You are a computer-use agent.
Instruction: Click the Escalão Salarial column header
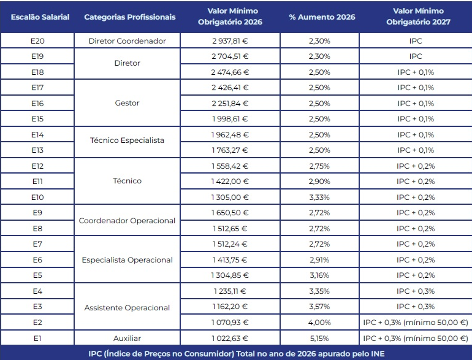click(x=40, y=17)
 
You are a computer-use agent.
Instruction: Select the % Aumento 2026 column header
click(x=319, y=17)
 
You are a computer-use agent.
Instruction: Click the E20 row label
click(x=37, y=41)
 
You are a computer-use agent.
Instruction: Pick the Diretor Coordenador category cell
click(x=128, y=41)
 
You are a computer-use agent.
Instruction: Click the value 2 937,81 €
click(x=230, y=41)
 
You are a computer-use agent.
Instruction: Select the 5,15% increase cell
click(x=319, y=338)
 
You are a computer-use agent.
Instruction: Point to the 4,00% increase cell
click(x=319, y=323)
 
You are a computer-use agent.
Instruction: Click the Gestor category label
click(x=128, y=103)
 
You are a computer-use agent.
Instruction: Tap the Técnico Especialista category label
click(x=128, y=140)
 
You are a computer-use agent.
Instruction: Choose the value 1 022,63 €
click(x=230, y=338)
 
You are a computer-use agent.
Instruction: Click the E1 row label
click(x=37, y=338)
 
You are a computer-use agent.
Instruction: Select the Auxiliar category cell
click(x=128, y=338)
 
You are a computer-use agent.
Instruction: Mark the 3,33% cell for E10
click(x=319, y=197)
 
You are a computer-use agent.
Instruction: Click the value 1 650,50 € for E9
click(x=230, y=213)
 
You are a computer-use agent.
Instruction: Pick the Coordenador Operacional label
click(x=128, y=221)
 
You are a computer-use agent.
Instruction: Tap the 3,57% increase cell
click(x=319, y=307)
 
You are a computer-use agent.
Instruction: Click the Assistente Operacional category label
click(x=128, y=307)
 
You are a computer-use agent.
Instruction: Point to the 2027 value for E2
click(x=415, y=323)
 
